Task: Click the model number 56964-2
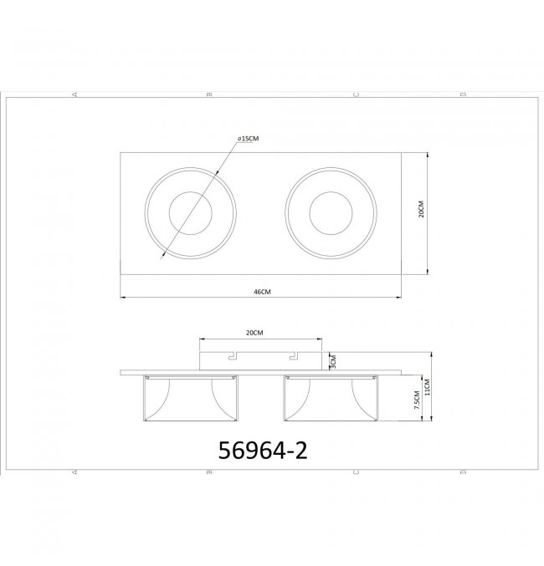[x=263, y=451]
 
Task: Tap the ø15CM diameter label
[x=248, y=139]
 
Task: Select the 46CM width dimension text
[x=262, y=292]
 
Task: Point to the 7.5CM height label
[x=417, y=400]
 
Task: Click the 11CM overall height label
[x=427, y=387]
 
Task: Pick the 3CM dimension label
[x=333, y=361]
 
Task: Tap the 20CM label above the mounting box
[x=254, y=333]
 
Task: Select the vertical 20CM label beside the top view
[x=421, y=209]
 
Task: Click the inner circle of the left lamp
[x=169, y=213]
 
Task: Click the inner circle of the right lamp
[x=310, y=213]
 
